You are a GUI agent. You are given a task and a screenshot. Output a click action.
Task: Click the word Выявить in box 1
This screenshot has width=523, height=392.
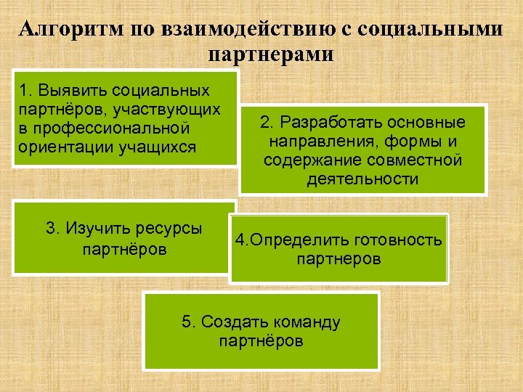65,91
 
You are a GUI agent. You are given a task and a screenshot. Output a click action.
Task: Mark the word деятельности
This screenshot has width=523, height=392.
362,179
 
